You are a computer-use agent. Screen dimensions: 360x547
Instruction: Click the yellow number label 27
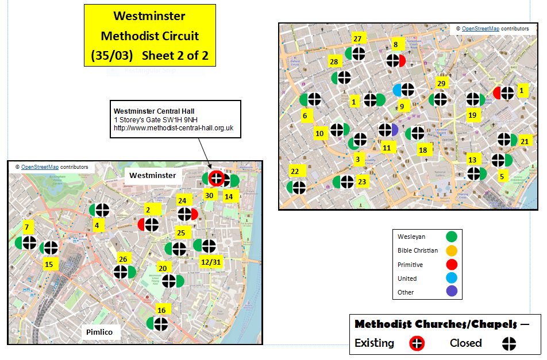[x=357, y=39]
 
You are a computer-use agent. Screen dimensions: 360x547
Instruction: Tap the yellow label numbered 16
[x=161, y=310]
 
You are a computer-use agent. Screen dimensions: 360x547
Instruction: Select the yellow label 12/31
[x=211, y=262]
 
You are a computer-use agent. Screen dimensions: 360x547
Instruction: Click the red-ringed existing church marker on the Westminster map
[x=216, y=179]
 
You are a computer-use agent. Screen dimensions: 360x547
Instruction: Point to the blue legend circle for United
[x=452, y=278]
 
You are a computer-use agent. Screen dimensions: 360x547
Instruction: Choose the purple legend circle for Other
[x=452, y=292]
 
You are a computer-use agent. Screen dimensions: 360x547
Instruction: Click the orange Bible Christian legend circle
[x=452, y=250]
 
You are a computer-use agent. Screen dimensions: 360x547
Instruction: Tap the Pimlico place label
[x=99, y=332]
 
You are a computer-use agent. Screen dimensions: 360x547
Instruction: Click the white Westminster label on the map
[x=153, y=175]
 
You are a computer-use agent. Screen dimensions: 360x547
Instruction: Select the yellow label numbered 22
[x=295, y=171]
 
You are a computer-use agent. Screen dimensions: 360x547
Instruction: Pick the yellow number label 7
[x=26, y=226]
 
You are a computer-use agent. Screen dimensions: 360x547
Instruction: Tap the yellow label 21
[x=524, y=141]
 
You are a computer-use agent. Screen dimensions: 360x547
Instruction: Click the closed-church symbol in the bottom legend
[x=509, y=343]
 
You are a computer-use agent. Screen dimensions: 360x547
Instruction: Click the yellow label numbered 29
[x=441, y=84]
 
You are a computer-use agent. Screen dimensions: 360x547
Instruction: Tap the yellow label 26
[x=123, y=259]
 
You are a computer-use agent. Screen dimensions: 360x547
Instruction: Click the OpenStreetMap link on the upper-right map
[x=479, y=28]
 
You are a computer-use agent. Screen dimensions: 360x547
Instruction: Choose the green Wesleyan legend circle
[x=452, y=236]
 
